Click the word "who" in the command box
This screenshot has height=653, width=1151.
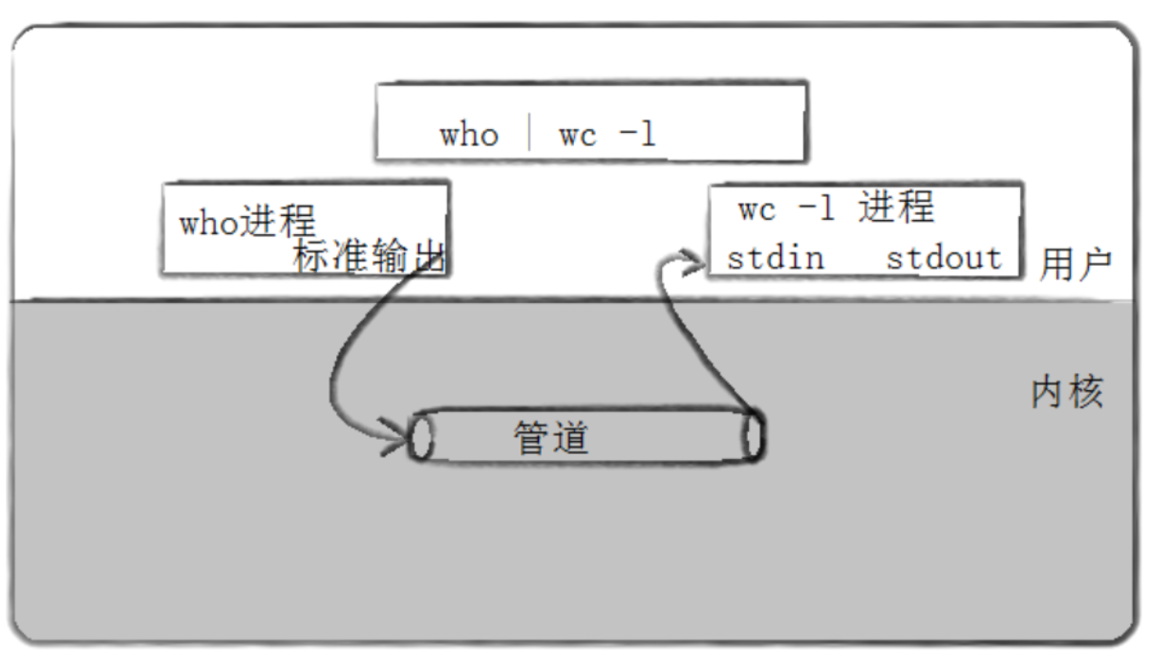(468, 135)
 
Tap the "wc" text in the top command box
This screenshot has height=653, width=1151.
(578, 135)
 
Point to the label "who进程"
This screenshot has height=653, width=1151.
(247, 223)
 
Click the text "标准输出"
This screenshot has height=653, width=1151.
(370, 257)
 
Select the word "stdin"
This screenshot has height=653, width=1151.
(775, 258)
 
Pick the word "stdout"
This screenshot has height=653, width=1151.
(943, 258)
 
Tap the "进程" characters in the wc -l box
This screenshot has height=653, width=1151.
(895, 207)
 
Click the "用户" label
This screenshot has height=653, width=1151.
(1076, 265)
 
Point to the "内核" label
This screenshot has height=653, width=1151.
(1067, 392)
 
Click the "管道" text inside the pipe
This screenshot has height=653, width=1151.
(551, 438)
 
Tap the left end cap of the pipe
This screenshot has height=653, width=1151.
(421, 437)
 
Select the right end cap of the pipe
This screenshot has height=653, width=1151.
(754, 436)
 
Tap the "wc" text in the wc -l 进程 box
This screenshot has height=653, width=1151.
(757, 209)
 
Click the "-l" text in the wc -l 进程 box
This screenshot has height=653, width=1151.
(817, 208)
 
